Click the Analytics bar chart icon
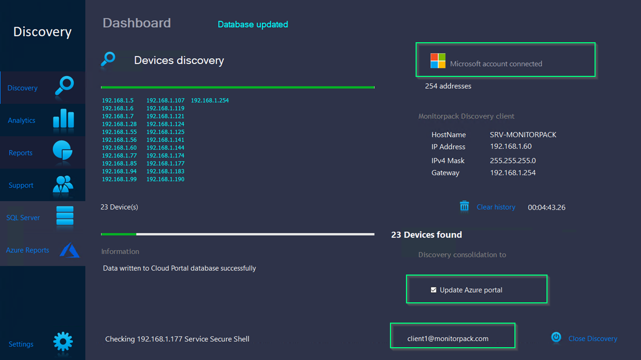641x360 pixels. tap(64, 118)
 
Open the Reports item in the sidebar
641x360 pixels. tap(21, 153)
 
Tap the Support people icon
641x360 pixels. tap(63, 184)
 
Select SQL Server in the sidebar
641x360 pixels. tap(23, 218)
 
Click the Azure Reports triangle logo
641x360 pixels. tap(69, 250)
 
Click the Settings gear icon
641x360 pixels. tap(63, 341)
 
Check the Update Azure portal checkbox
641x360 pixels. tap(434, 290)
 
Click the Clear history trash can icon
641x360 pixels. tap(464, 206)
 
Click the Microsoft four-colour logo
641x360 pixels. tap(438, 61)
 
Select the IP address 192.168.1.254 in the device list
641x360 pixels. tap(210, 100)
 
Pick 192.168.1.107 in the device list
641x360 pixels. tap(166, 100)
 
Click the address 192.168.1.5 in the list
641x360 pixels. tap(118, 100)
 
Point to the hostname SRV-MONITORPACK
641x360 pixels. tap(523, 135)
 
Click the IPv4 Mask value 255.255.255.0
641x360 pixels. tap(513, 161)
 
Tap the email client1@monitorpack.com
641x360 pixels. tap(448, 339)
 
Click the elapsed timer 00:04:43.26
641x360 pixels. tap(546, 207)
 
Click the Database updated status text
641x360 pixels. tap(253, 25)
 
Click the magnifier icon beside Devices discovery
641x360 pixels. tap(108, 59)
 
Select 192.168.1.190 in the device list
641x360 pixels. tap(166, 179)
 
